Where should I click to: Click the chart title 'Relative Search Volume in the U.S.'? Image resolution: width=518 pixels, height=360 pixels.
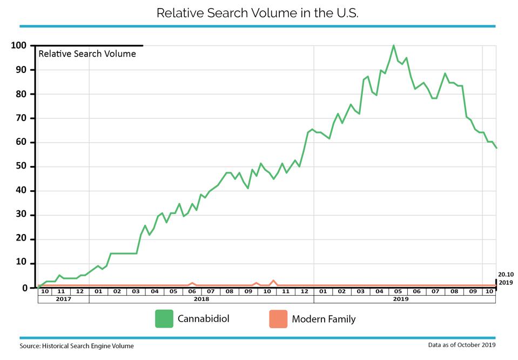coord(257,13)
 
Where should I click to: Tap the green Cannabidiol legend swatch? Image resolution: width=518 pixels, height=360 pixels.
coord(164,319)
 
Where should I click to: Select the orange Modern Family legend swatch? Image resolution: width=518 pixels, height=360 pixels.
coord(278,319)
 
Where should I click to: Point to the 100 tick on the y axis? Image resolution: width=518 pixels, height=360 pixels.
coord(18,45)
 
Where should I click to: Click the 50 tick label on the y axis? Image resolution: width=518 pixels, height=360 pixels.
coord(21,166)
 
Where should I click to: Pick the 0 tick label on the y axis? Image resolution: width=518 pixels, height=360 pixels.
coord(24,288)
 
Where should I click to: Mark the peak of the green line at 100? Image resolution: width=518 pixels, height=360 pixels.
coord(393,45)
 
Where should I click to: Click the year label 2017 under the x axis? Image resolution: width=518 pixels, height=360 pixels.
coord(63,299)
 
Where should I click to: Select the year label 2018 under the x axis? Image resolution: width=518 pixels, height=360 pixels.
coord(201,299)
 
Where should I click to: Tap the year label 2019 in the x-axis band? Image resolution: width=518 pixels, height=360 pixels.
coord(401,299)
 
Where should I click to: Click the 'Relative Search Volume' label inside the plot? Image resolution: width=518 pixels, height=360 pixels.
coord(87,54)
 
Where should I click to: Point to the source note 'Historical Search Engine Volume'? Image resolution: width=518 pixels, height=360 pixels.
coord(88,346)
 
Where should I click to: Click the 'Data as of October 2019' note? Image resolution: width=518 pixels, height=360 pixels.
coord(462,345)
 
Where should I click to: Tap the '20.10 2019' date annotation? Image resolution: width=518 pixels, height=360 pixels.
coord(506,278)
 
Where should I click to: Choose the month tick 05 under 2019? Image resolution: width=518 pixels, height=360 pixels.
coord(398,291)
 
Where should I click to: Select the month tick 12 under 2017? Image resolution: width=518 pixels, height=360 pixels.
coord(79,291)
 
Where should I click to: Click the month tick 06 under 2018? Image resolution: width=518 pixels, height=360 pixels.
coord(192,291)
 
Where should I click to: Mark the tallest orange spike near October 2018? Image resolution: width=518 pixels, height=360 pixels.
coord(273,281)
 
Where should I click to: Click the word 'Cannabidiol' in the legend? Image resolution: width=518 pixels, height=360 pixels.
coord(204,319)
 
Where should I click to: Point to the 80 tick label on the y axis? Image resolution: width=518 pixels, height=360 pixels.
coord(21,94)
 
